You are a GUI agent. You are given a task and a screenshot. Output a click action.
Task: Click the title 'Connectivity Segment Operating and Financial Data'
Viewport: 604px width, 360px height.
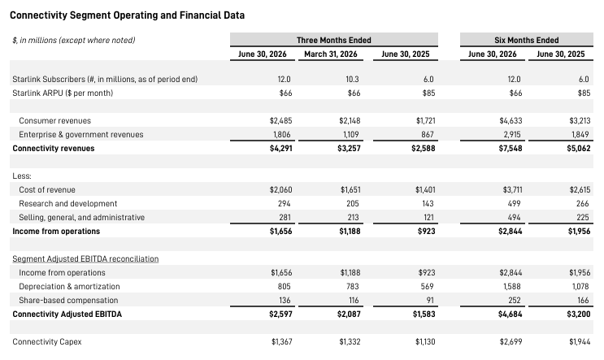coord(127,15)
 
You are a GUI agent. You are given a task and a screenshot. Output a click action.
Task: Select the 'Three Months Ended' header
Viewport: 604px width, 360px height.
coord(333,40)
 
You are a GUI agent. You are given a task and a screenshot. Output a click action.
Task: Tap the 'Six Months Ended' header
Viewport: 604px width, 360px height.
coord(526,40)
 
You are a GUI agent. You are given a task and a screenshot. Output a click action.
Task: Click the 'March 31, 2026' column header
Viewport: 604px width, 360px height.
coord(331,54)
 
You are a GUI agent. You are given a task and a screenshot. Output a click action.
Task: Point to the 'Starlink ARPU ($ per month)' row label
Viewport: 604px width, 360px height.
coord(63,93)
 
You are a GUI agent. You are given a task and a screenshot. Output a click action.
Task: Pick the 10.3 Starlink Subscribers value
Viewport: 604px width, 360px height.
coord(352,80)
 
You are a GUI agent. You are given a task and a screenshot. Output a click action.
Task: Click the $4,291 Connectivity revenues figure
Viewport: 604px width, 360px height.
coord(280,148)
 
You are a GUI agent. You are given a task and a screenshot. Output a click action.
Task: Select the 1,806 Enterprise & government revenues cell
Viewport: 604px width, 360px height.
coord(280,134)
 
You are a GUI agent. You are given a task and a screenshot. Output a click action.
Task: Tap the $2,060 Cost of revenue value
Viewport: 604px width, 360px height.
coord(280,190)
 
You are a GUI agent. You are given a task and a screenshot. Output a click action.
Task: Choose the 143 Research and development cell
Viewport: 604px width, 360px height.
coord(428,203)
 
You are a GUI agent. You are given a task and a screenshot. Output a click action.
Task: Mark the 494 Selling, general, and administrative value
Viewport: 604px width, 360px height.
coord(514,218)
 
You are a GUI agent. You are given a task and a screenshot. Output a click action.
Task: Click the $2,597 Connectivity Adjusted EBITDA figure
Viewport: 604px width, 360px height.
coord(280,314)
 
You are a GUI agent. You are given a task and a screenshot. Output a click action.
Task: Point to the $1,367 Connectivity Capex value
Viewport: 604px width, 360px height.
coord(281,342)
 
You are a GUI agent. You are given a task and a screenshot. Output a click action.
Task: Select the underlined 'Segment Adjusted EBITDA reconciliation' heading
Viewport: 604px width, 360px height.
coord(85,259)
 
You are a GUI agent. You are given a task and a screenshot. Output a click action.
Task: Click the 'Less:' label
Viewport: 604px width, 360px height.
coord(22,176)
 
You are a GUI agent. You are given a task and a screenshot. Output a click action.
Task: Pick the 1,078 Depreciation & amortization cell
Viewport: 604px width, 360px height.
coord(580,287)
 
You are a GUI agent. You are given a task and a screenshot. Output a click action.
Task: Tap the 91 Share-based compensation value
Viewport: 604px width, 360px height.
coord(430,301)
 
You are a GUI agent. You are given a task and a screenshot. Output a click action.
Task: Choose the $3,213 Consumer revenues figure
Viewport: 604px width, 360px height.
coord(580,120)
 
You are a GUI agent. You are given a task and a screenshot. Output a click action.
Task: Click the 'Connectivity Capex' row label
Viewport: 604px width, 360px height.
coord(47,342)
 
